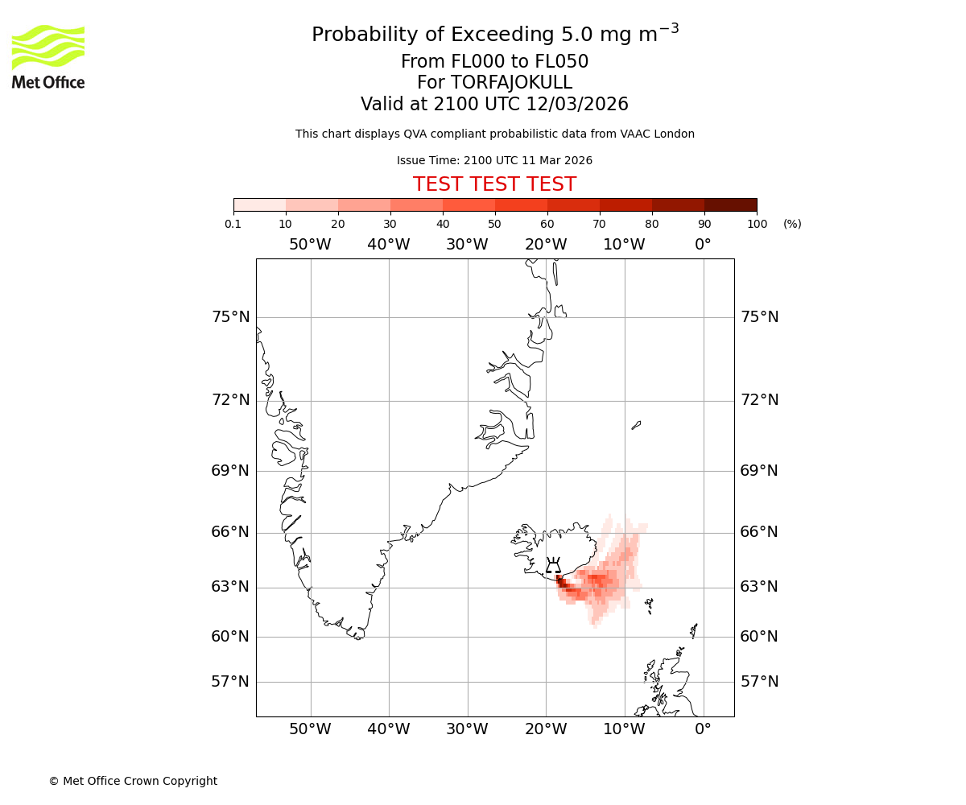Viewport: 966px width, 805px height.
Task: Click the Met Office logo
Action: (x=48, y=56)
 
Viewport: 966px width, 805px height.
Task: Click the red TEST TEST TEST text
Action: (x=494, y=184)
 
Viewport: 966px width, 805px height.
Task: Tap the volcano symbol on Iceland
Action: (x=553, y=565)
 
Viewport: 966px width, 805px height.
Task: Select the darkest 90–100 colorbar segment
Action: (x=730, y=204)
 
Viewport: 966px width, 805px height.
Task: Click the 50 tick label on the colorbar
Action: (x=494, y=224)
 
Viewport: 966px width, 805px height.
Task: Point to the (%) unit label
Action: (x=792, y=224)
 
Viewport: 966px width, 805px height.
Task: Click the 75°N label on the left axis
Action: (x=230, y=317)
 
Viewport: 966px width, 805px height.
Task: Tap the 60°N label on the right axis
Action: (x=759, y=637)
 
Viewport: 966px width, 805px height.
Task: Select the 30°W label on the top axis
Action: (x=467, y=245)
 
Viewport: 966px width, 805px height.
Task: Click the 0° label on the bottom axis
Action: (x=703, y=729)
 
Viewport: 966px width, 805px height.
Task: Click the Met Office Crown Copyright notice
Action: (x=133, y=781)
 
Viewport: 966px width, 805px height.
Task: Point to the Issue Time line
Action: (x=494, y=160)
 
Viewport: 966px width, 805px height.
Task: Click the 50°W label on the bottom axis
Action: (x=310, y=729)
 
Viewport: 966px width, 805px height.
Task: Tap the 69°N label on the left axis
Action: (x=230, y=471)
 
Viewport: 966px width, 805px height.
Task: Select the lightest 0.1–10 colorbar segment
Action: (x=260, y=204)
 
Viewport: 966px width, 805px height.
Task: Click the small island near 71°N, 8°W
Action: (x=636, y=425)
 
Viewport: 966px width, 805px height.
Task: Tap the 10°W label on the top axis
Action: (x=624, y=245)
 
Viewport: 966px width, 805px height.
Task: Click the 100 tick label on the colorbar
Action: (x=757, y=224)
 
